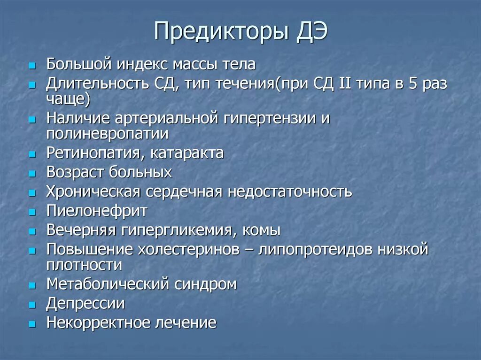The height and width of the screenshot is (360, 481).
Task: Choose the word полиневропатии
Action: (107, 134)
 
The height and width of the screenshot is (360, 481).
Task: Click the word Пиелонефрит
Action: (97, 211)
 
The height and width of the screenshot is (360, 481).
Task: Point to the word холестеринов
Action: (189, 250)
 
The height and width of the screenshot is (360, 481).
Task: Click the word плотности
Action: (84, 265)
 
